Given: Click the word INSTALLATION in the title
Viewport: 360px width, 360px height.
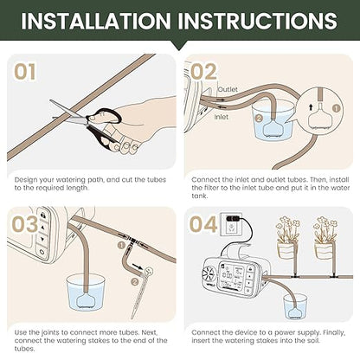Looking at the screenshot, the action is point(96,21).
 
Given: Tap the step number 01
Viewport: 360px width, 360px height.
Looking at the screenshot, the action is point(25,72).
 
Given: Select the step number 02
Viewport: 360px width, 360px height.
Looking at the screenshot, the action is point(203,72).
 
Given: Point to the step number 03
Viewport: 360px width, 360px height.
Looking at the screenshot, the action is point(25,224).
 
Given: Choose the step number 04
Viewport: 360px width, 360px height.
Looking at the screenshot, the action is point(203,224).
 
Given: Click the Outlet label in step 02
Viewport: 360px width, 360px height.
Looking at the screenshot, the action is point(228,89).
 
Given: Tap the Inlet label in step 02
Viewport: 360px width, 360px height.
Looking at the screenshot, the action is point(221,117).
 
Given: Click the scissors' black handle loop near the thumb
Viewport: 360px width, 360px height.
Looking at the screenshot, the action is point(105,115).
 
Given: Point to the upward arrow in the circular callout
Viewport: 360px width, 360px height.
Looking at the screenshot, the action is point(311,107).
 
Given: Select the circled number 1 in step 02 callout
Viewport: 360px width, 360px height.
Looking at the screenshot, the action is point(337,108).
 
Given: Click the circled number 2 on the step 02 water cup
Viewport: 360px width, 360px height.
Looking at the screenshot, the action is point(259,118).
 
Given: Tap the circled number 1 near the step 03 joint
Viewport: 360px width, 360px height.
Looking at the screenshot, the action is point(121,245).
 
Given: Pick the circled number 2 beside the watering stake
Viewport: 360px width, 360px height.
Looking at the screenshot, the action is point(134,281).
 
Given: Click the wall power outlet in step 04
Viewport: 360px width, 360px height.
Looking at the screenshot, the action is point(232,224).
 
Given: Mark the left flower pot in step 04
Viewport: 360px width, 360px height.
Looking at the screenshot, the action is point(286,250).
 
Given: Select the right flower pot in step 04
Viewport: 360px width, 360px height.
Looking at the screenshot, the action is point(324,250).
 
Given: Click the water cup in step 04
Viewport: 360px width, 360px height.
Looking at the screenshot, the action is point(295,306).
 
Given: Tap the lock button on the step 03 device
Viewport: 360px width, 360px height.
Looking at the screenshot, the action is point(43,215).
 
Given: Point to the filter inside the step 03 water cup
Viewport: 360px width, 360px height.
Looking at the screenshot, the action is point(87,300).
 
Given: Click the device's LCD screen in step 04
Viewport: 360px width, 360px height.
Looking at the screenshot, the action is point(232,275).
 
